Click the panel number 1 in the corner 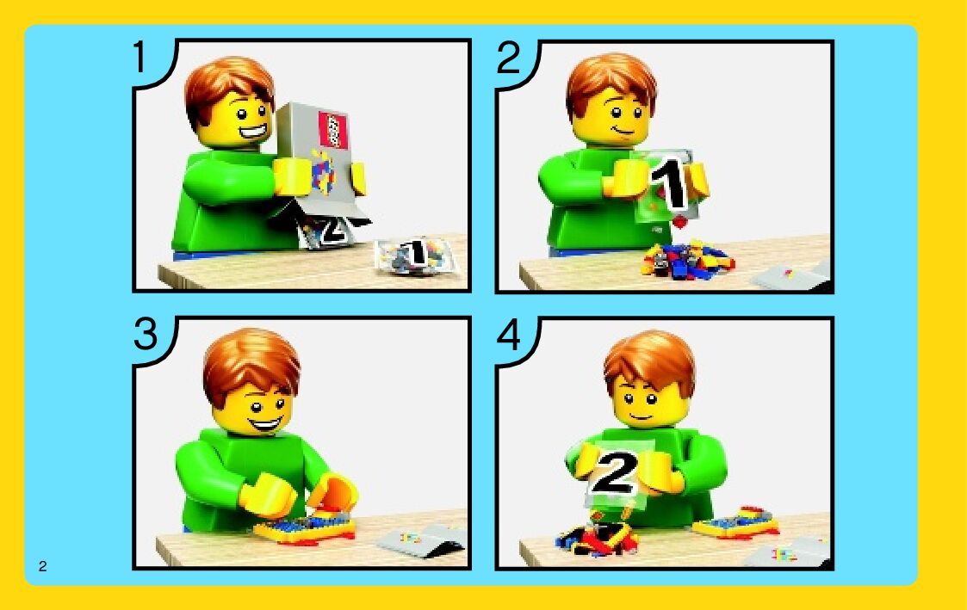140,58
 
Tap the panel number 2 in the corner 510,58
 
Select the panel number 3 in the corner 146,335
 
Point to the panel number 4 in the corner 509,336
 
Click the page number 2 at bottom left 42,566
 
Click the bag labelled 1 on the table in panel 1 416,256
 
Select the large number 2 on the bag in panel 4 613,472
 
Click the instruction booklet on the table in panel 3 420,540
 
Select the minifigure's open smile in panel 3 265,424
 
